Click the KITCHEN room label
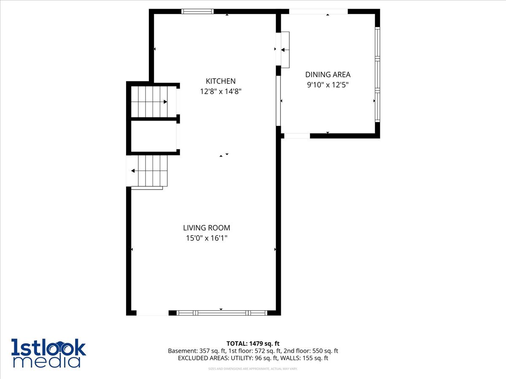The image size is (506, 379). click(x=221, y=81)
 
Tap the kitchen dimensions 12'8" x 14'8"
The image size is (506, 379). click(x=221, y=91)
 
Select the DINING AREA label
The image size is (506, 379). click(x=328, y=75)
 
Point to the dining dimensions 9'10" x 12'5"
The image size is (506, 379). click(x=328, y=85)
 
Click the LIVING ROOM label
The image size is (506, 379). click(x=207, y=228)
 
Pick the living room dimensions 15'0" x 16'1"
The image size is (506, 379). click(x=207, y=238)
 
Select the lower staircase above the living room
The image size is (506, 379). click(x=149, y=171)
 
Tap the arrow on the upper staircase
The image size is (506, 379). click(x=165, y=102)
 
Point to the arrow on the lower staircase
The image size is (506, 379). click(x=133, y=171)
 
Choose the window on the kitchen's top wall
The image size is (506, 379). click(x=197, y=11)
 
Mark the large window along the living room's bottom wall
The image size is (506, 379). click(x=222, y=313)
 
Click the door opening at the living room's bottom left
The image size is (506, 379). click(x=152, y=313)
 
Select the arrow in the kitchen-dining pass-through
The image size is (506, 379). click(x=283, y=50)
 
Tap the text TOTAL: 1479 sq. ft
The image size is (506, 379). click(x=253, y=344)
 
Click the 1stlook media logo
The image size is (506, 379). click(x=48, y=353)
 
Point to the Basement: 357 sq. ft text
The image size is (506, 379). click(x=196, y=351)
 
